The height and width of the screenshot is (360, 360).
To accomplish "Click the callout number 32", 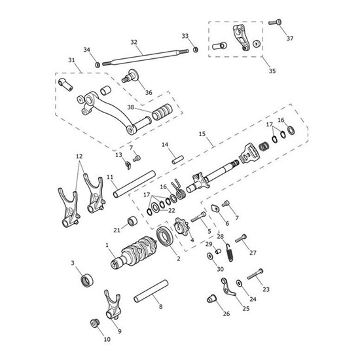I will [134, 42].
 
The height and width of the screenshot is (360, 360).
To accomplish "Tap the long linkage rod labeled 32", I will [147, 56].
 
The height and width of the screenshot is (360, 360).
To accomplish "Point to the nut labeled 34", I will [96, 64].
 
